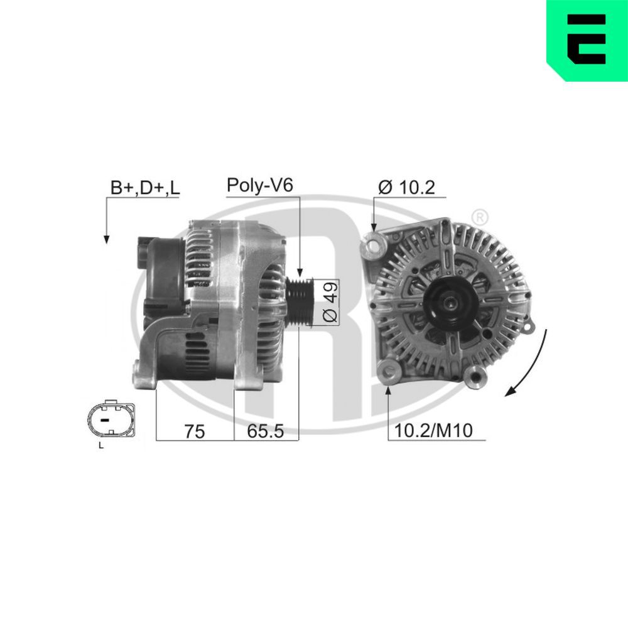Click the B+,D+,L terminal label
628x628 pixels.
145,187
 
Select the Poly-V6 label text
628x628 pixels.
260,185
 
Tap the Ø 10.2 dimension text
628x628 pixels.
407,187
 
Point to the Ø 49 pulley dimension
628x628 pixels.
330,302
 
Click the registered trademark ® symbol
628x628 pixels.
479,217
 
